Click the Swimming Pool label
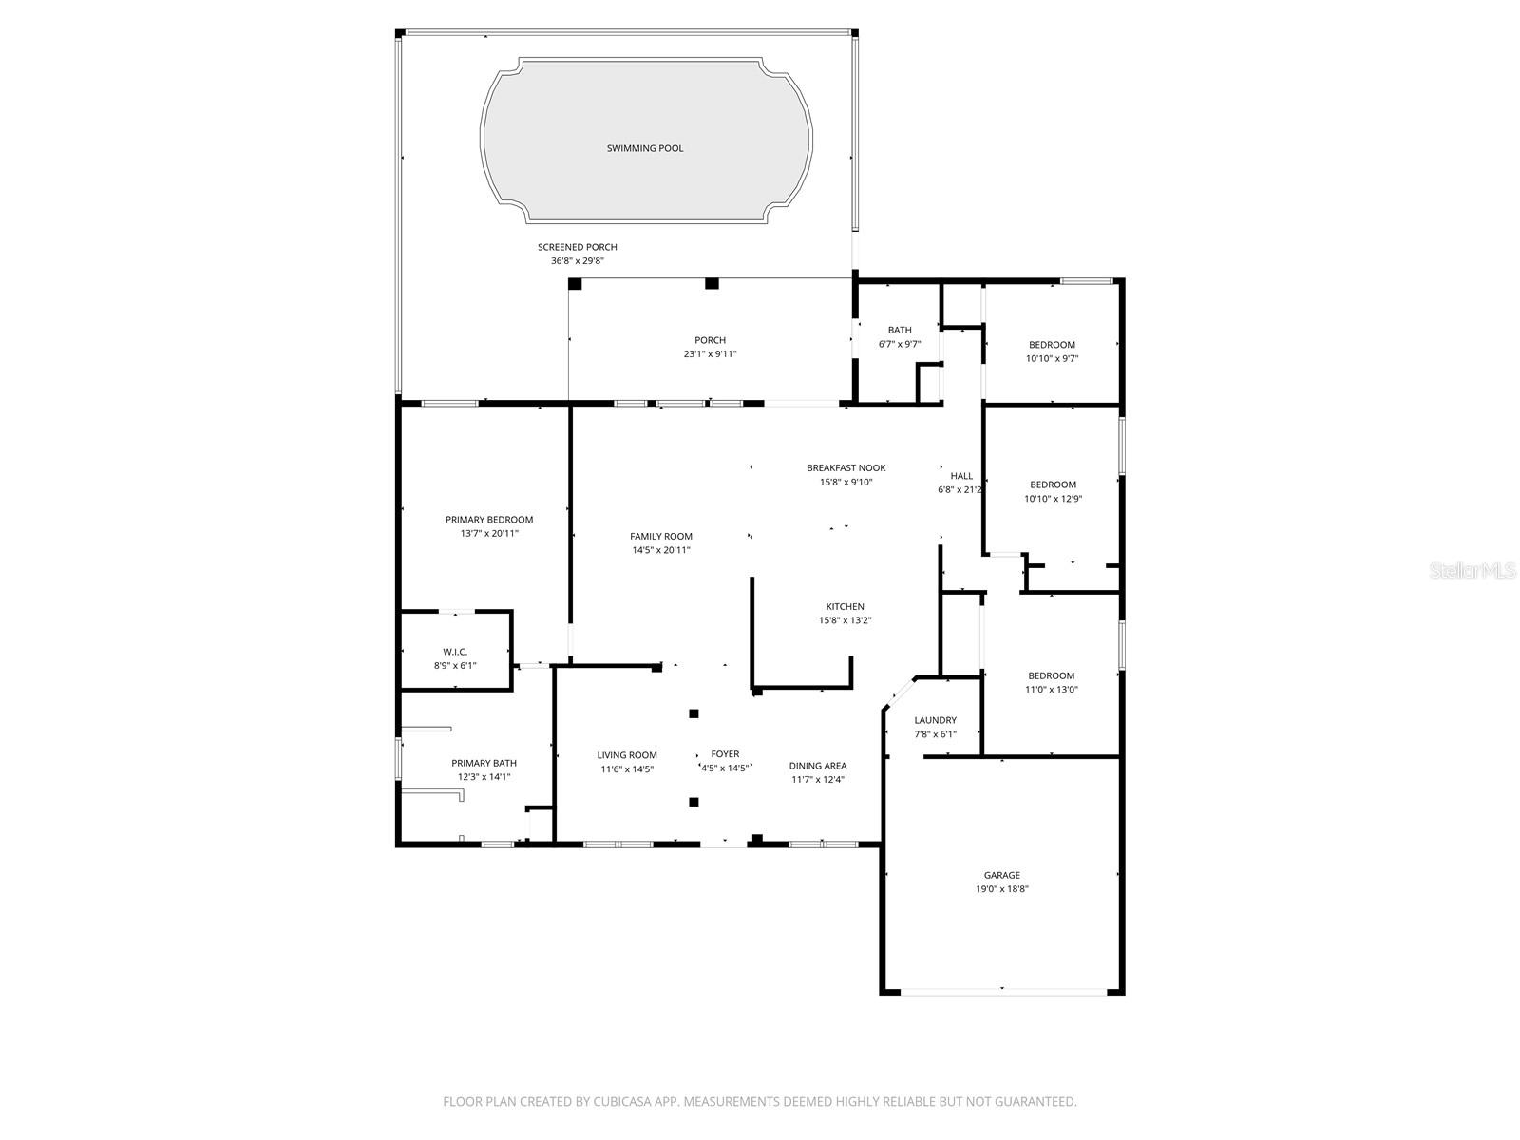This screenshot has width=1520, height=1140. [645, 148]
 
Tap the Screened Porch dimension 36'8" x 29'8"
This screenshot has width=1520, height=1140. [578, 261]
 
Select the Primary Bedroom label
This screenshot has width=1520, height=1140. [489, 519]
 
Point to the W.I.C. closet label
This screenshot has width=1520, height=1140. [455, 652]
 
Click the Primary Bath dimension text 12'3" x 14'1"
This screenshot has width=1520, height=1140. [484, 776]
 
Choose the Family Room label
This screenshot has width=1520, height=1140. [660, 536]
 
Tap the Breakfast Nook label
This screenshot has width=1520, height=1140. [845, 468]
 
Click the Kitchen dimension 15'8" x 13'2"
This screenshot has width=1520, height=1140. [845, 620]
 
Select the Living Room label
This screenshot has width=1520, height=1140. [627, 755]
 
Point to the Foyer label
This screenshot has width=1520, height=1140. [725, 753]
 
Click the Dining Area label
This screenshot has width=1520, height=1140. [818, 766]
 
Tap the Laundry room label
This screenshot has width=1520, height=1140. [935, 720]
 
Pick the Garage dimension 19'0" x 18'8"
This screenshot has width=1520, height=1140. [1002, 889]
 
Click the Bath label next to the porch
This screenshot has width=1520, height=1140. [900, 331]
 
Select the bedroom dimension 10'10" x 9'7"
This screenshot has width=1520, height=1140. [1052, 358]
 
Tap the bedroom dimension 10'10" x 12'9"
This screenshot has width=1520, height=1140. [1053, 499]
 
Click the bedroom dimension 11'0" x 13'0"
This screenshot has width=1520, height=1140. [1052, 690]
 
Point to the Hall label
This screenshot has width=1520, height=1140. [961, 476]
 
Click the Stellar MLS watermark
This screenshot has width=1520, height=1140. [1472, 570]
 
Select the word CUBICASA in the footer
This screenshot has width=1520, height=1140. [622, 1101]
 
